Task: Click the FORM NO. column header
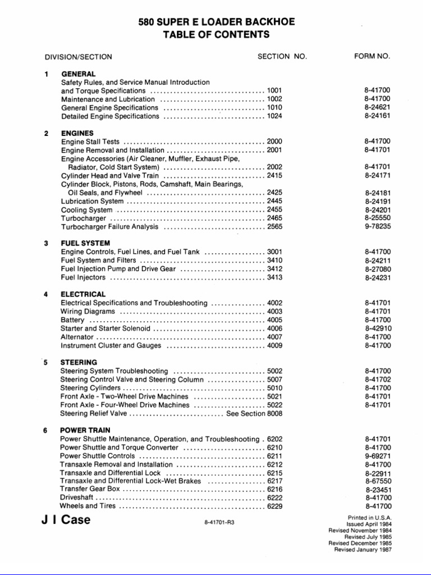click(372, 56)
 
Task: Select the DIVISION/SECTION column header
click(78, 57)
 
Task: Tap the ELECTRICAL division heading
click(82, 294)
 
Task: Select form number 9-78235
click(377, 227)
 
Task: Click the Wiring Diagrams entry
click(88, 311)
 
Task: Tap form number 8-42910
click(377, 328)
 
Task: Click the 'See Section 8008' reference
click(254, 413)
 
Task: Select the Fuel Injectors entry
click(82, 277)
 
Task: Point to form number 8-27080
click(377, 269)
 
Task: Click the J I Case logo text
click(66, 519)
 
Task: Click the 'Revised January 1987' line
click(363, 549)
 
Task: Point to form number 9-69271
click(377, 456)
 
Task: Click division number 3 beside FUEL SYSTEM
click(45, 243)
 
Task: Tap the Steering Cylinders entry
click(90, 387)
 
